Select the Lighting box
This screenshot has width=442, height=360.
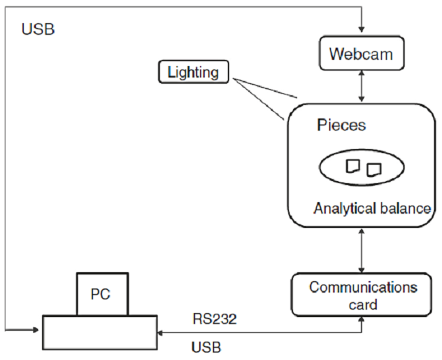193,71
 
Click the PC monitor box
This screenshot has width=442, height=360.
102,294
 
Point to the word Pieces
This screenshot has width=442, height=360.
341,125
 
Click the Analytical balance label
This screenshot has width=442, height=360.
372,208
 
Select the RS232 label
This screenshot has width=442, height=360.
215,319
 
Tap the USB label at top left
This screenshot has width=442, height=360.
38,29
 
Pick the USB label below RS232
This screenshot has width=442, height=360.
206,348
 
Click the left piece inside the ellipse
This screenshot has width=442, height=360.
352,165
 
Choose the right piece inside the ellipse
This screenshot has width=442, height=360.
374,169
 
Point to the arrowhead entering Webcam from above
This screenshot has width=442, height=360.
362,30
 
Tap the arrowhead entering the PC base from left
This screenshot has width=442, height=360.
38,331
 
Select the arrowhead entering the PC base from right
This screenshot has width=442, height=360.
162,333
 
